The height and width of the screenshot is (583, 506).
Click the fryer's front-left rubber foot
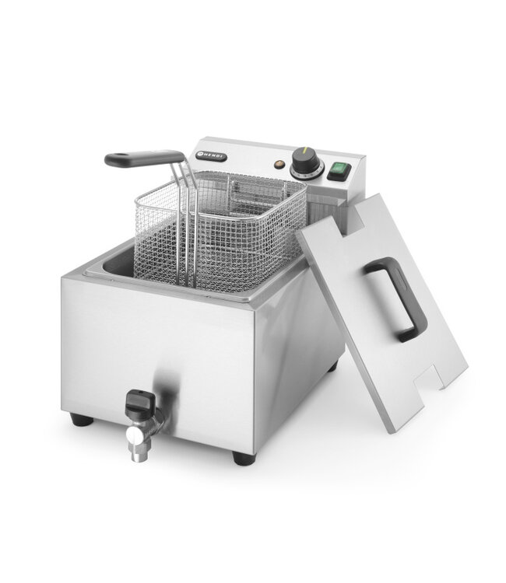click(79, 420)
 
